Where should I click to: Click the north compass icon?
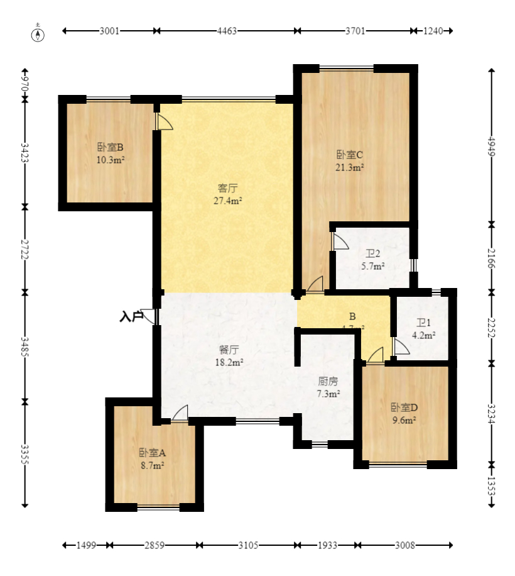(x=39, y=33)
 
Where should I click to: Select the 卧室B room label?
(x=110, y=148)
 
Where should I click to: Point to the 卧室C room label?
(x=350, y=155)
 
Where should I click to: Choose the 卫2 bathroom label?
(x=372, y=254)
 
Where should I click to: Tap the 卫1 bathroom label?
(x=424, y=323)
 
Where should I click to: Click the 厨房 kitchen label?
(x=328, y=381)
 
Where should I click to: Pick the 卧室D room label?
(x=404, y=407)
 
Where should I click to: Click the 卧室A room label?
(x=152, y=453)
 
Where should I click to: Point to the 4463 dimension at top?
(x=227, y=31)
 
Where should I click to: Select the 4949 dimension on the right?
(x=491, y=146)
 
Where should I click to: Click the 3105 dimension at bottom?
(x=248, y=545)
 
